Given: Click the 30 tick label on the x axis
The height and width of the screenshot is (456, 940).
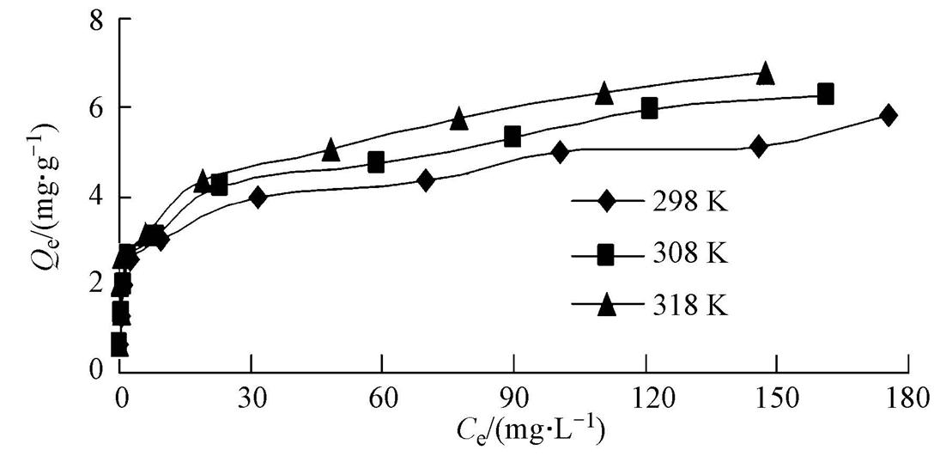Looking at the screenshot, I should [x=251, y=398].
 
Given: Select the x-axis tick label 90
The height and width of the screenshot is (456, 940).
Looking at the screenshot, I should [x=512, y=398].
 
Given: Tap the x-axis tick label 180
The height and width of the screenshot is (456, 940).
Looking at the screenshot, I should [x=907, y=398].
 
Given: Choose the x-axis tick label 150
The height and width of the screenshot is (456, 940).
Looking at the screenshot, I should [x=775, y=398].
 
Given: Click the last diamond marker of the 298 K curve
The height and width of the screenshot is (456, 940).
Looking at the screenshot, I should [x=888, y=115].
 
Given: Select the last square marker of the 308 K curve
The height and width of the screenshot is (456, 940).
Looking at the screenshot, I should [x=825, y=94].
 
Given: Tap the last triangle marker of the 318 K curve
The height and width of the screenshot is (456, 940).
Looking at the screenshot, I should [x=765, y=74].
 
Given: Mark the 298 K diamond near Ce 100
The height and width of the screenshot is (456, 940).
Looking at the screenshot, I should [x=560, y=152].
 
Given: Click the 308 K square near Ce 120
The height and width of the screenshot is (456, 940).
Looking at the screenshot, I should [x=649, y=108].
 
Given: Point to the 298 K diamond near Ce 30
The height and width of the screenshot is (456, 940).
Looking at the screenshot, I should [x=258, y=197].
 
